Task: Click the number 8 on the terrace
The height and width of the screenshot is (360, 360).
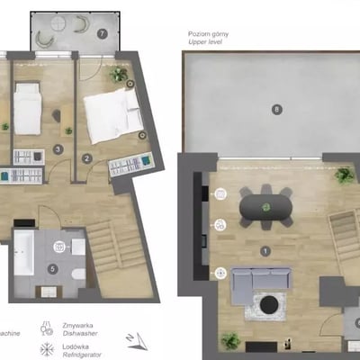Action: pyautogui.click(x=276, y=110)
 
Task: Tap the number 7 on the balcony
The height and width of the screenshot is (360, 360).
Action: pyautogui.click(x=103, y=34)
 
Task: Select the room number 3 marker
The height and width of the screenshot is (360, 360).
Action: pyautogui.click(x=58, y=149)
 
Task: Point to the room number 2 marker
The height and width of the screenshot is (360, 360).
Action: pyautogui.click(x=87, y=158)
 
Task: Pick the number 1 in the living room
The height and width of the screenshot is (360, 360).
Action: pyautogui.click(x=265, y=251)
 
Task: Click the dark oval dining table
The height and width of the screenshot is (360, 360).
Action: pyautogui.click(x=265, y=207)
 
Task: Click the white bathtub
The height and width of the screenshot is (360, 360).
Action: pyautogui.click(x=23, y=253)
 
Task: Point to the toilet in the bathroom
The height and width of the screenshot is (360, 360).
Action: pyautogui.click(x=78, y=272)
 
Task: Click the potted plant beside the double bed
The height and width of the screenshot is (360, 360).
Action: pyautogui.click(x=118, y=75)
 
